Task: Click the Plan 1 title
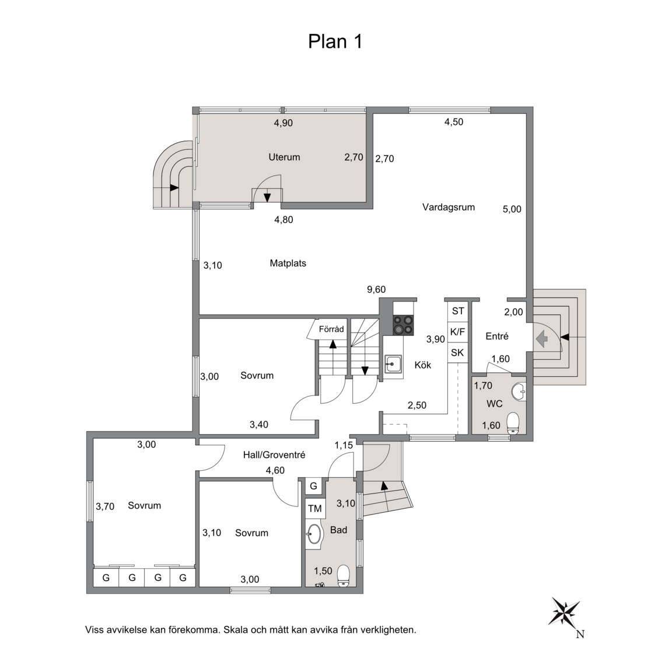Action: tap(335, 41)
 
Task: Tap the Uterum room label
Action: tap(284, 157)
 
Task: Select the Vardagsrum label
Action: tap(448, 208)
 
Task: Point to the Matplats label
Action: tap(288, 263)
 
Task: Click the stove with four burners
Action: tap(403, 325)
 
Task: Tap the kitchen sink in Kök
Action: tap(393, 364)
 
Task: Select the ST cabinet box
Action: tap(458, 311)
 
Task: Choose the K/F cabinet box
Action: tap(458, 332)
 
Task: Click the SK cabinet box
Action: tap(458, 353)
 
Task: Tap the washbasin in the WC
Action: tap(519, 391)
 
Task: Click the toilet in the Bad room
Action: tap(343, 576)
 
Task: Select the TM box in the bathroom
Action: tap(315, 509)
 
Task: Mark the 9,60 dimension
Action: tap(376, 290)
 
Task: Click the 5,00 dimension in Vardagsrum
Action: tap(512, 209)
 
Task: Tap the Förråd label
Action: tap(331, 329)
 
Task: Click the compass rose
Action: tap(565, 611)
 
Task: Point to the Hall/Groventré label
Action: tap(274, 455)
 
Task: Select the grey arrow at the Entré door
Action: tap(542, 338)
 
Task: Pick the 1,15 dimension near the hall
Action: tap(344, 446)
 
